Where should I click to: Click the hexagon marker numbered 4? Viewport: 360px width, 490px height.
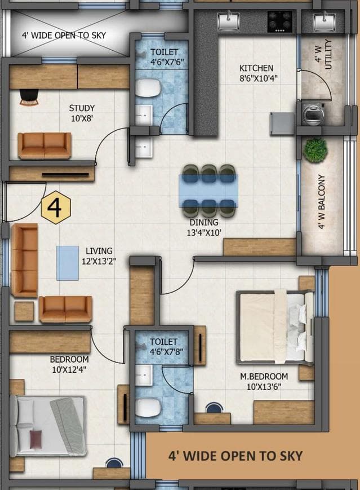tap(55, 208)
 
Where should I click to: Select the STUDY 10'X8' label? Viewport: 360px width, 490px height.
tap(82, 113)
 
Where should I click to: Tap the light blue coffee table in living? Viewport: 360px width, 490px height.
tap(68, 262)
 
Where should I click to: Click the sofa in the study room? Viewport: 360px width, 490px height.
tap(45, 145)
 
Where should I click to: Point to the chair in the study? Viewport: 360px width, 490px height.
tap(29, 97)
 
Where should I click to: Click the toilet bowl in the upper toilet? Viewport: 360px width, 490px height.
tap(149, 87)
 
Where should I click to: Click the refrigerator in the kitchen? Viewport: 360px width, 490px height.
tap(282, 123)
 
